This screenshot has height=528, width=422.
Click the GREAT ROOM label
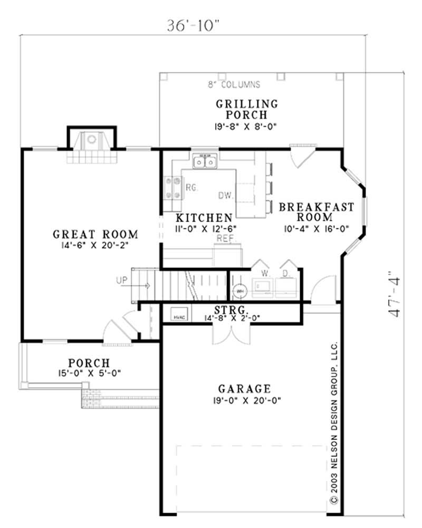tap(95, 234)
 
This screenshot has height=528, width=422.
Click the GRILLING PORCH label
tap(246, 109)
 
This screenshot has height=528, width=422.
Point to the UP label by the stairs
tap(121, 280)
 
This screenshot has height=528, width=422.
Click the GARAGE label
tap(244, 389)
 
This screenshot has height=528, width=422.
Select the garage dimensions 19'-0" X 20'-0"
tap(244, 400)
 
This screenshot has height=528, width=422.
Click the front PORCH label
tap(89, 363)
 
